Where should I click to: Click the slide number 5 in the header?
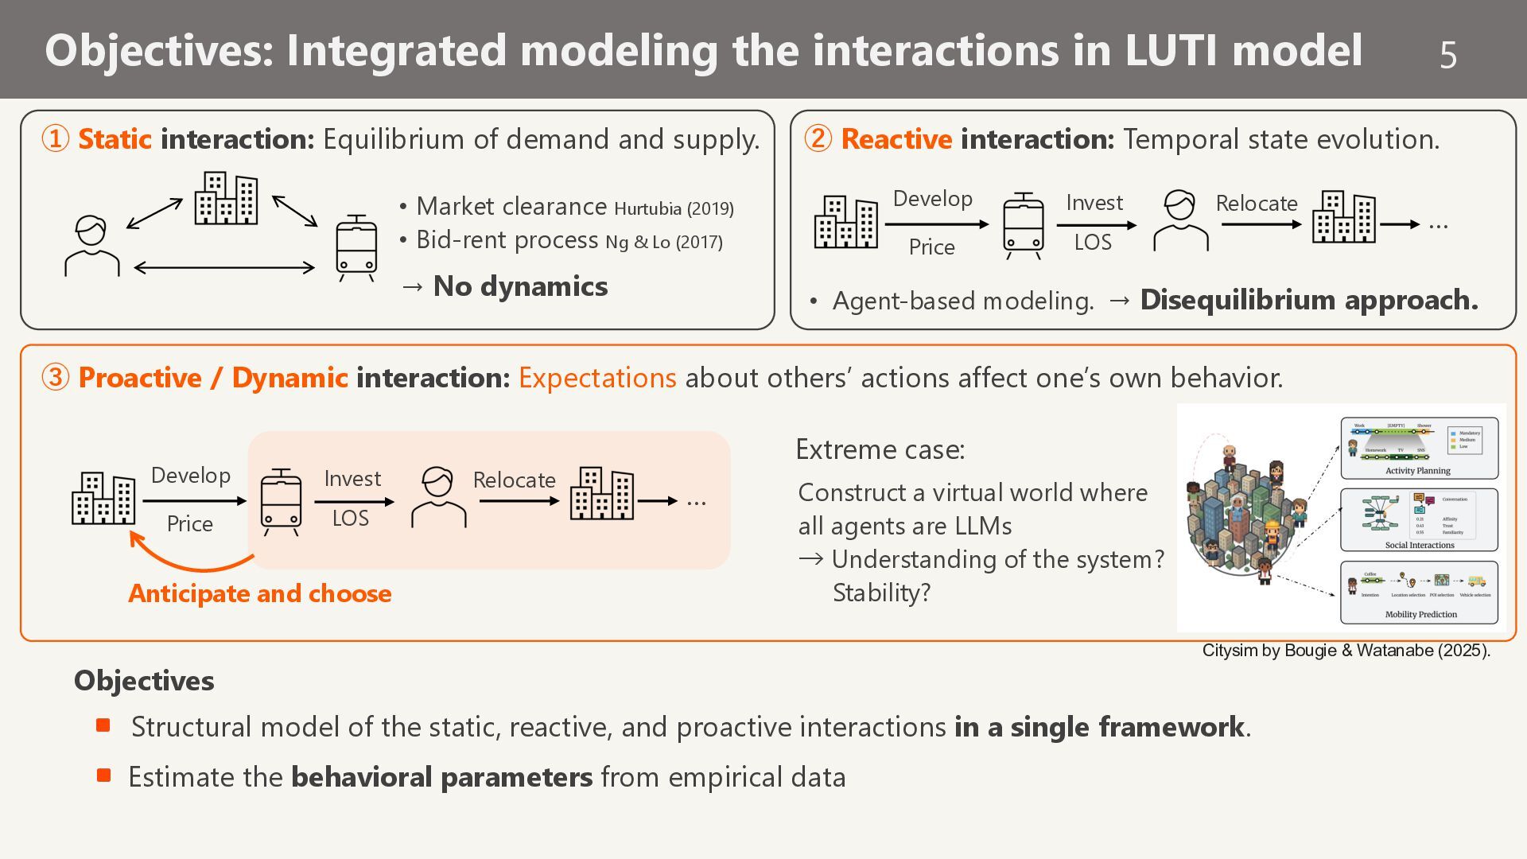click(x=1447, y=55)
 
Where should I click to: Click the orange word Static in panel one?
click(x=115, y=139)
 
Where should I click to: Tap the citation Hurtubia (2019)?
click(x=674, y=208)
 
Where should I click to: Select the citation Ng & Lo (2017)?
click(x=664, y=242)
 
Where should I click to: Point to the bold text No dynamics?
click(x=520, y=286)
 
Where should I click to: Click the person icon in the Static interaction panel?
click(x=91, y=246)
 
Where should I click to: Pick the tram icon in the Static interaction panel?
click(x=356, y=247)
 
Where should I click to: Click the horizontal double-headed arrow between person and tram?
click(x=224, y=268)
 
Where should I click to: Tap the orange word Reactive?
click(x=896, y=139)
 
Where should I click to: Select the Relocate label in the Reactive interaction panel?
click(x=1257, y=204)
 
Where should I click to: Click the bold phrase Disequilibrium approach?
click(x=1309, y=300)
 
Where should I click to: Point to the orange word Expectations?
click(x=597, y=378)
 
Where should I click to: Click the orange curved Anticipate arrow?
click(x=191, y=561)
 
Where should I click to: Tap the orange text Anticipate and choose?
click(x=260, y=593)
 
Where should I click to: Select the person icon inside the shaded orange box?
click(x=438, y=497)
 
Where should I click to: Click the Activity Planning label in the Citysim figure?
click(x=1418, y=471)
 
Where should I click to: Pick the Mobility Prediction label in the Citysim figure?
click(x=1420, y=614)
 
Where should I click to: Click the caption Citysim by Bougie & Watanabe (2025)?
click(x=1346, y=651)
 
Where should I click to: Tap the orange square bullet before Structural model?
click(x=103, y=725)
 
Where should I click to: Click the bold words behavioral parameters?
click(x=441, y=777)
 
